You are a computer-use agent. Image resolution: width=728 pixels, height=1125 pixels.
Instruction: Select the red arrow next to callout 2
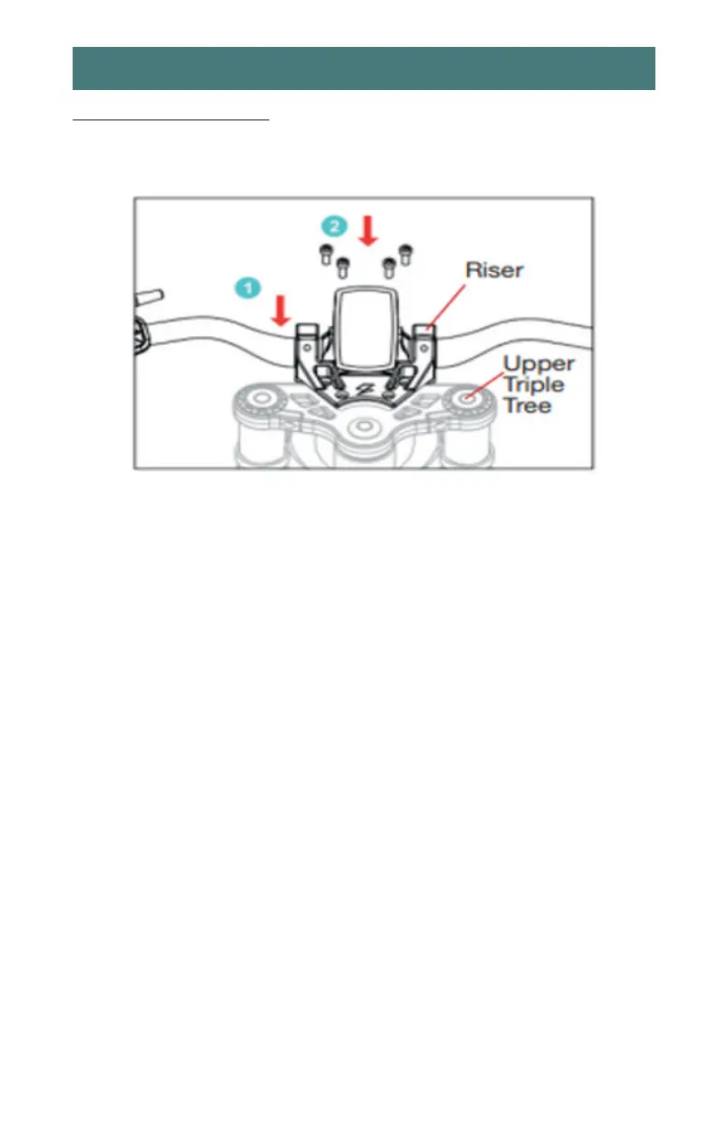pos(368,229)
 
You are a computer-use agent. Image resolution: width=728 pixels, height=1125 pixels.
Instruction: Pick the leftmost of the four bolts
pos(324,255)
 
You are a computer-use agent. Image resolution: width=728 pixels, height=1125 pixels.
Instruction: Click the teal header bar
pos(364,68)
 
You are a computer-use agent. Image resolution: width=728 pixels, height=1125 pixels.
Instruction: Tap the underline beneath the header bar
pos(171,119)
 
